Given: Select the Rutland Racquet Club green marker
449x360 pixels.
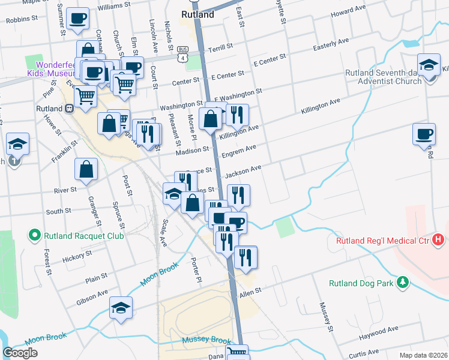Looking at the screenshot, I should pyautogui.click(x=35, y=236).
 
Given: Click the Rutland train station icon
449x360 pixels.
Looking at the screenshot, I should pyautogui.click(x=70, y=109).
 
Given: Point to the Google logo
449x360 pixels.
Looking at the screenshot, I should pyautogui.click(x=20, y=352).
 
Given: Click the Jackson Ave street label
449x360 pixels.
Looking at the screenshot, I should pyautogui.click(x=243, y=172).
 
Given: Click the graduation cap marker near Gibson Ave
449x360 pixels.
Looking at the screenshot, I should pyautogui.click(x=121, y=308).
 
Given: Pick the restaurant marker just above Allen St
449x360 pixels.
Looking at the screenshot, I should pyautogui.click(x=246, y=257).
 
